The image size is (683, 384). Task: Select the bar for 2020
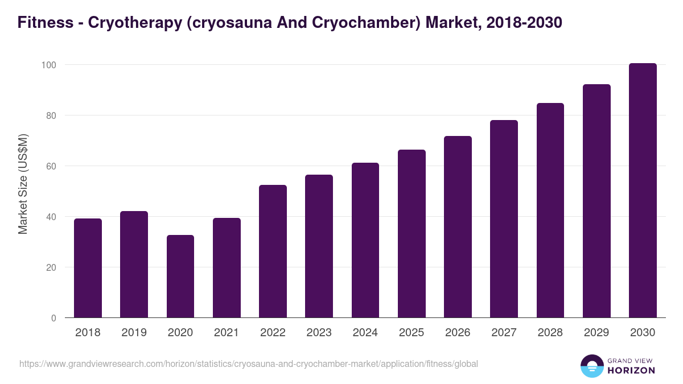[180, 276]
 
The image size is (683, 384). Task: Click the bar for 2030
[643, 191]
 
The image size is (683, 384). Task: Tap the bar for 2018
[88, 268]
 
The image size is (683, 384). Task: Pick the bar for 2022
[273, 251]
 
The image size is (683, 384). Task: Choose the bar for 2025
[412, 234]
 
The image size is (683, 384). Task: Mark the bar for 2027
[504, 219]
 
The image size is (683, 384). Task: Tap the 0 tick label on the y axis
[54, 318]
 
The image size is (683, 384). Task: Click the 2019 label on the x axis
[134, 333]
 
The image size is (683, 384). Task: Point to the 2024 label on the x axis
[365, 333]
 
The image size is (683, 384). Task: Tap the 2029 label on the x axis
[596, 333]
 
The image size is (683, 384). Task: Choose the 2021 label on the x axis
[227, 333]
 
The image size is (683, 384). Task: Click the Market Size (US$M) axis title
[23, 184]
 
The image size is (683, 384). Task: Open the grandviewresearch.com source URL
[248, 364]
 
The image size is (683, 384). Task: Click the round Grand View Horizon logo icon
[591, 366]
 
